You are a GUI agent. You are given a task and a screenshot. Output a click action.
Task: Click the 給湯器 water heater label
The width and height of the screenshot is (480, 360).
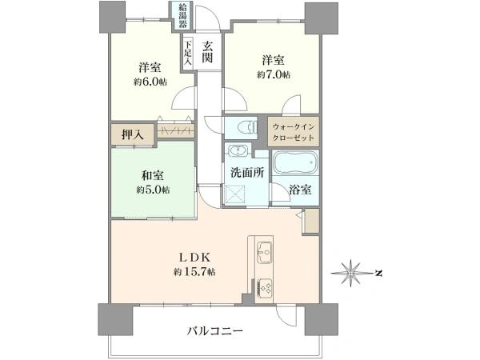pos(182,15)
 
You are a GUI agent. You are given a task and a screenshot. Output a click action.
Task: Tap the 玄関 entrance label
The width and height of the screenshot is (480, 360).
pos(207,52)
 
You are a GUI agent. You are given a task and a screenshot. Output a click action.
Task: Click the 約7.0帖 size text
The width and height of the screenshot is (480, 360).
pos(274,74)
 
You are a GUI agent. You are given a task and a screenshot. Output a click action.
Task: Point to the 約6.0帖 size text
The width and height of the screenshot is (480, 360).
pos(150,82)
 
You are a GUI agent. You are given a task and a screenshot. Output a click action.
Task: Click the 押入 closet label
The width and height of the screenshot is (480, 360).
pos(133,134)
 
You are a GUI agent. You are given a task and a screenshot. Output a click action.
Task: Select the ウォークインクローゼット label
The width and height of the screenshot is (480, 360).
pos(294,132)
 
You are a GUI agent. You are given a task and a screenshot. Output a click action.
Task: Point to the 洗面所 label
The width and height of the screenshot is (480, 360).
pos(247,173)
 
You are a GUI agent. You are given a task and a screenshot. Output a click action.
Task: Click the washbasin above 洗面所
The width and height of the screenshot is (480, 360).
pos(238,150)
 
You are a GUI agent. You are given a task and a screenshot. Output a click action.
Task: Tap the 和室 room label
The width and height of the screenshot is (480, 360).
pos(152,176)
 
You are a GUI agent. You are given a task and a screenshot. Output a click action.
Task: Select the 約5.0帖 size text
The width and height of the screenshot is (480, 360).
pos(153,190)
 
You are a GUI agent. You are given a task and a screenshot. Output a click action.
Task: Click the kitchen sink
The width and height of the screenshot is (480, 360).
pos(264,253)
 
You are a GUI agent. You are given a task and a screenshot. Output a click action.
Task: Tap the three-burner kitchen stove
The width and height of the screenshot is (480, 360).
pos(265,287)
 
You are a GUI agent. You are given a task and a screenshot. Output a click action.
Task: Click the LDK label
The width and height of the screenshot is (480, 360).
pos(194,258)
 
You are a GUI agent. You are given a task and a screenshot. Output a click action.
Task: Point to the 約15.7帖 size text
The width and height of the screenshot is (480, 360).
pos(194,271)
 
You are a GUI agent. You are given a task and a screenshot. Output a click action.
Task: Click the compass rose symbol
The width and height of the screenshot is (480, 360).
pos(352,273)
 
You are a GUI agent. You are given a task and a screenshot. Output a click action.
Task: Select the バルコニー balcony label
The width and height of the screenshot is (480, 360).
pos(215,331)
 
